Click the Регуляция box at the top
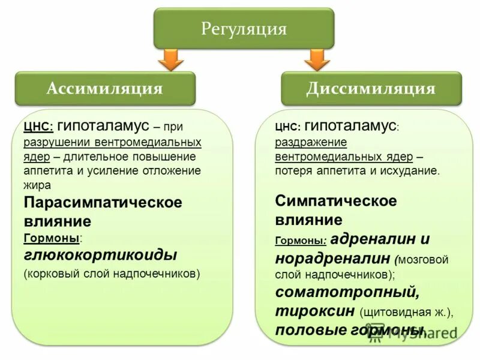244,28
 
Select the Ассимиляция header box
104,89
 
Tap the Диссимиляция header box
371,89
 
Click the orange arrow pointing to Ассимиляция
172,60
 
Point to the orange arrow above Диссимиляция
317,60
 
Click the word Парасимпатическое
103,202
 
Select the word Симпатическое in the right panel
336,200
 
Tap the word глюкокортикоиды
100,255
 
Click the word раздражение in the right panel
311,142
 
